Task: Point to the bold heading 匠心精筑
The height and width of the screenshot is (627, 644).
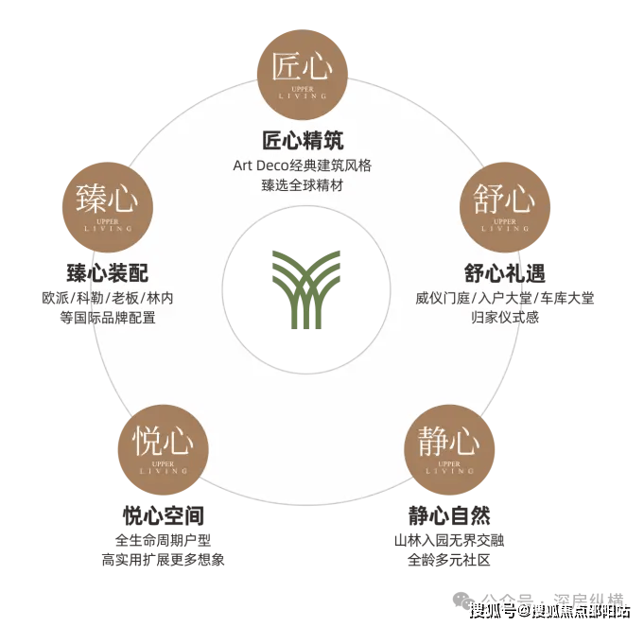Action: pyautogui.click(x=303, y=141)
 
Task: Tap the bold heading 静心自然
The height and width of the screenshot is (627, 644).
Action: pyautogui.click(x=449, y=515)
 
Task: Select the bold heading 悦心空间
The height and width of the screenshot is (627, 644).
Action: pyautogui.click(x=163, y=515)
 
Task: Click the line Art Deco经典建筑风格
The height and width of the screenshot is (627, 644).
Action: pyautogui.click(x=303, y=165)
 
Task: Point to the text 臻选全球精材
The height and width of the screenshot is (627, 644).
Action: pyautogui.click(x=303, y=185)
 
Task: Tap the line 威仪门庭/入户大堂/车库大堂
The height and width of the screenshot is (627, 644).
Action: pyautogui.click(x=505, y=298)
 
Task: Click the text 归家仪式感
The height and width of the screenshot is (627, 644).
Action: pyautogui.click(x=505, y=318)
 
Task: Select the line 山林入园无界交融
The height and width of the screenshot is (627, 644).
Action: pyautogui.click(x=449, y=541)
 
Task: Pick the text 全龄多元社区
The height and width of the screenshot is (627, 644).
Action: pyautogui.click(x=449, y=560)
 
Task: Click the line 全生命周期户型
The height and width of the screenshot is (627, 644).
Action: pyautogui.click(x=163, y=541)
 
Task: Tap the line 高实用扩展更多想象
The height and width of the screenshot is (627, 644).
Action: pyautogui.click(x=163, y=560)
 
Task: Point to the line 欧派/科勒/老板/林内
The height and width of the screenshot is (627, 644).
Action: pyautogui.click(x=108, y=298)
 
